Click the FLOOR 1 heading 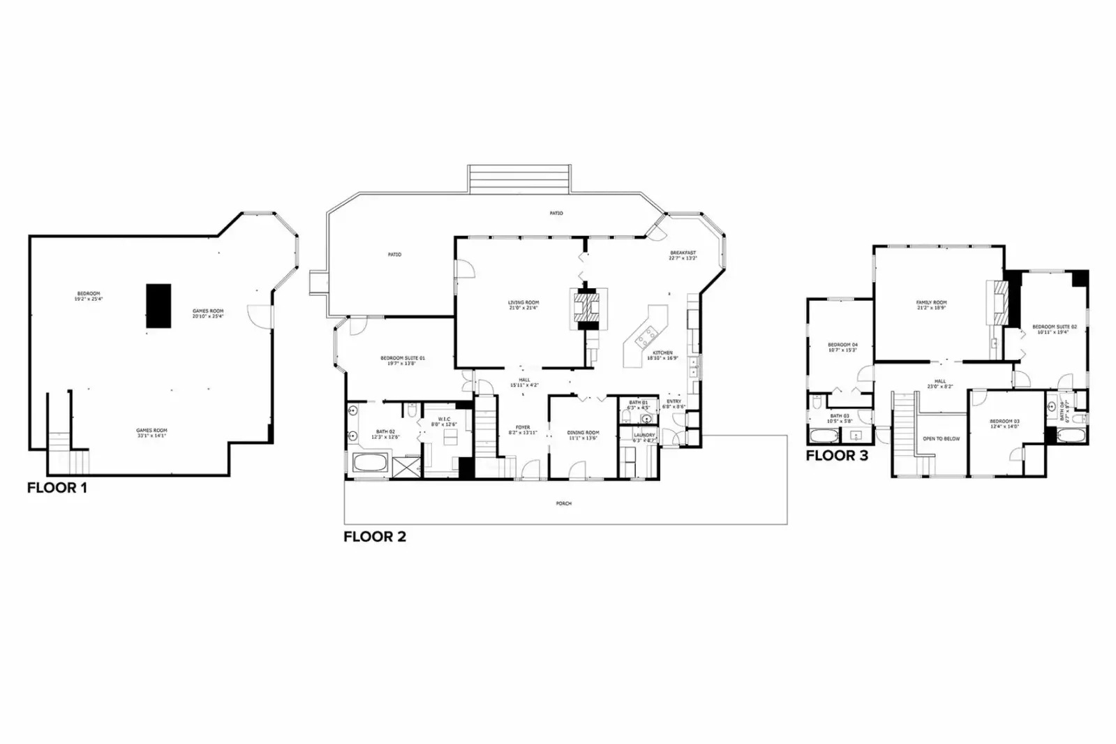(57, 488)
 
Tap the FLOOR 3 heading (837, 456)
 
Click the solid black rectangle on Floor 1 (158, 306)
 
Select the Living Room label (523, 303)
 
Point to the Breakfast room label (683, 253)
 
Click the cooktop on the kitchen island (646, 337)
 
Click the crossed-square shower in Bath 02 (406, 466)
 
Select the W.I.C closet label (445, 419)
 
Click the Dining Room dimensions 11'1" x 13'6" (583, 438)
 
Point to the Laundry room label (643, 435)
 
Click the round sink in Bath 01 (646, 419)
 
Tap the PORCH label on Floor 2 (563, 503)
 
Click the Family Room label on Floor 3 (931, 303)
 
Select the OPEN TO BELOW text (942, 439)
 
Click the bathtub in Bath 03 (824, 437)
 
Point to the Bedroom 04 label (842, 345)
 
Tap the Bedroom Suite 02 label (1055, 327)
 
